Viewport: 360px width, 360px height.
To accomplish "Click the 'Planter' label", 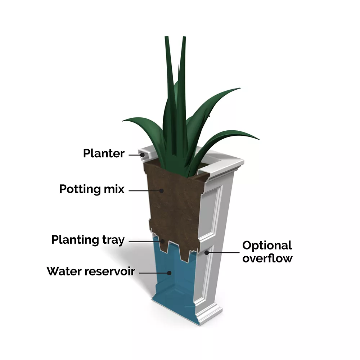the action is (104, 153).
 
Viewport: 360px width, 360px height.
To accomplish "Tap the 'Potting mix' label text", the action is (92, 189).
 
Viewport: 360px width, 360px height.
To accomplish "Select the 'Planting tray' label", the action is (88, 240).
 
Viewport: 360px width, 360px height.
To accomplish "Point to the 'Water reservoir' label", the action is (91, 271).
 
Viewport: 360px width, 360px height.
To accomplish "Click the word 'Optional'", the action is (267, 246).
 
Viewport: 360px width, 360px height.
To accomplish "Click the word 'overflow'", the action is (267, 258).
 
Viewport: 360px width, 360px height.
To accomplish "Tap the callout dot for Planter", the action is (142, 155).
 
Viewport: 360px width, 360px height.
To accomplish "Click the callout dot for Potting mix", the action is (161, 190).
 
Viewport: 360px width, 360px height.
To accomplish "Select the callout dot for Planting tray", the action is (163, 241).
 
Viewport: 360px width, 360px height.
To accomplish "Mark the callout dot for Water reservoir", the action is (169, 273).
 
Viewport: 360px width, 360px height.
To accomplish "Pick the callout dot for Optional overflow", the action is (207, 253).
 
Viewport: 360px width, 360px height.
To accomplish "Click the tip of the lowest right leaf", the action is (259, 139).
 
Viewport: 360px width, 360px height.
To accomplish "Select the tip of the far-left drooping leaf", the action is (123, 120).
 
